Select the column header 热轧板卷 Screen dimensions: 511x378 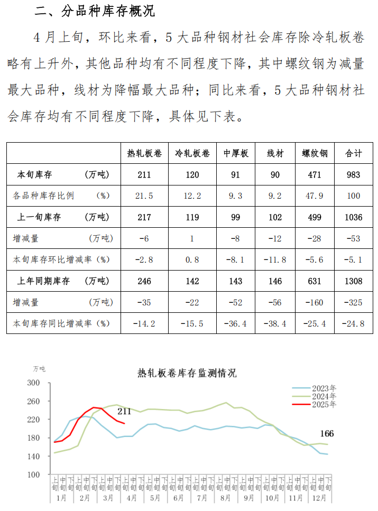[x=144, y=153]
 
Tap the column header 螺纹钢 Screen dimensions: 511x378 [x=315, y=153]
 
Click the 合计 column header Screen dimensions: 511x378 [x=353, y=153]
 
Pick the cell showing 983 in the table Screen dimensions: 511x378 [x=353, y=174]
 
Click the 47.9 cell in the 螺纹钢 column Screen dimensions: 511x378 [x=315, y=196]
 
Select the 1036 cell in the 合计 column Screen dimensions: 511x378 [x=353, y=217]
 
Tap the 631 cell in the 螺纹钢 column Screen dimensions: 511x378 [x=315, y=281]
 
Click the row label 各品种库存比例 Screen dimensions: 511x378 [x=43, y=196]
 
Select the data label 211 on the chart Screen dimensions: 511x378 [x=124, y=411]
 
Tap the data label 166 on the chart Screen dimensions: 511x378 [x=327, y=434]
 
